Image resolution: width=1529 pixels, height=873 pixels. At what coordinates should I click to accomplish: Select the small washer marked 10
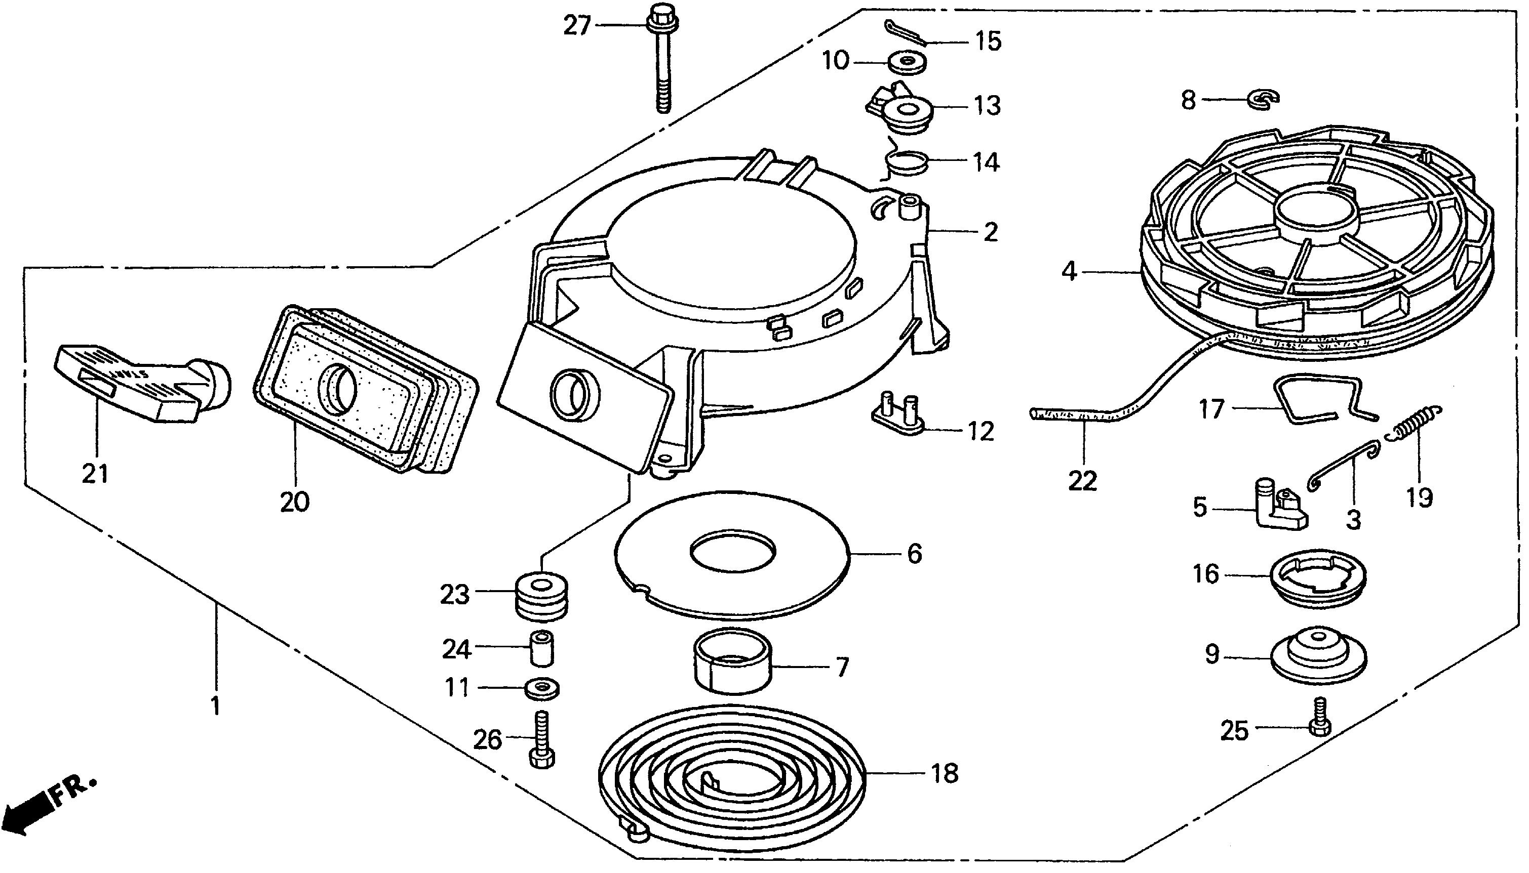click(906, 62)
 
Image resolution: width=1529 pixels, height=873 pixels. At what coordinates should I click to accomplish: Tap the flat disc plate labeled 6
click(732, 555)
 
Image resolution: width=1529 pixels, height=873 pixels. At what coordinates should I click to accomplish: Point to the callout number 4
click(1069, 272)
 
